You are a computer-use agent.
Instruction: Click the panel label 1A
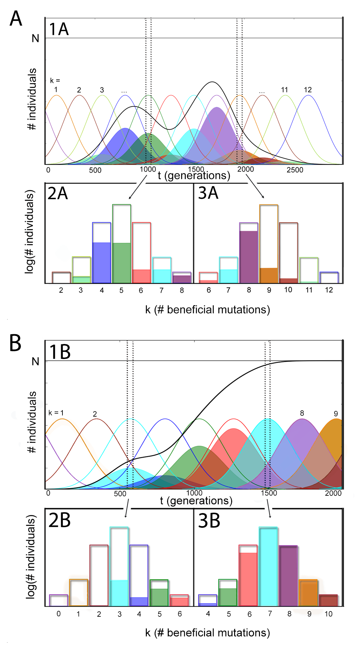coord(59,29)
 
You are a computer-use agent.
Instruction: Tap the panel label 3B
coord(209,521)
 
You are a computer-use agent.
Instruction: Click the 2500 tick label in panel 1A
coord(295,170)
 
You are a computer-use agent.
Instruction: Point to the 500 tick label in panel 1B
coord(120,494)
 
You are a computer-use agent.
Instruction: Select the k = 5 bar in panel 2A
coord(122,244)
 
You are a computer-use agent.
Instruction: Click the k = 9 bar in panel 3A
coord(269,244)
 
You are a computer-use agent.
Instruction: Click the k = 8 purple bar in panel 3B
coord(288,576)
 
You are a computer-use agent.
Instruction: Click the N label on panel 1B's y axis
coord(35,361)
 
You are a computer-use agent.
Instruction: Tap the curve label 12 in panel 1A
coord(308,90)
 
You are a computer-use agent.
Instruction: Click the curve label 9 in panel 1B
coord(336,414)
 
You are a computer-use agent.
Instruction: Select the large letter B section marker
coord(15,343)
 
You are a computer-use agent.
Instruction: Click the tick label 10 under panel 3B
coord(328,614)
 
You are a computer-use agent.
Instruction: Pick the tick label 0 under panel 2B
coord(59,614)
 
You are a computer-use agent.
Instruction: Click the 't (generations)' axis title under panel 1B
coord(196,501)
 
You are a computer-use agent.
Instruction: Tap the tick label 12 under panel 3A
coord(329,290)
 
